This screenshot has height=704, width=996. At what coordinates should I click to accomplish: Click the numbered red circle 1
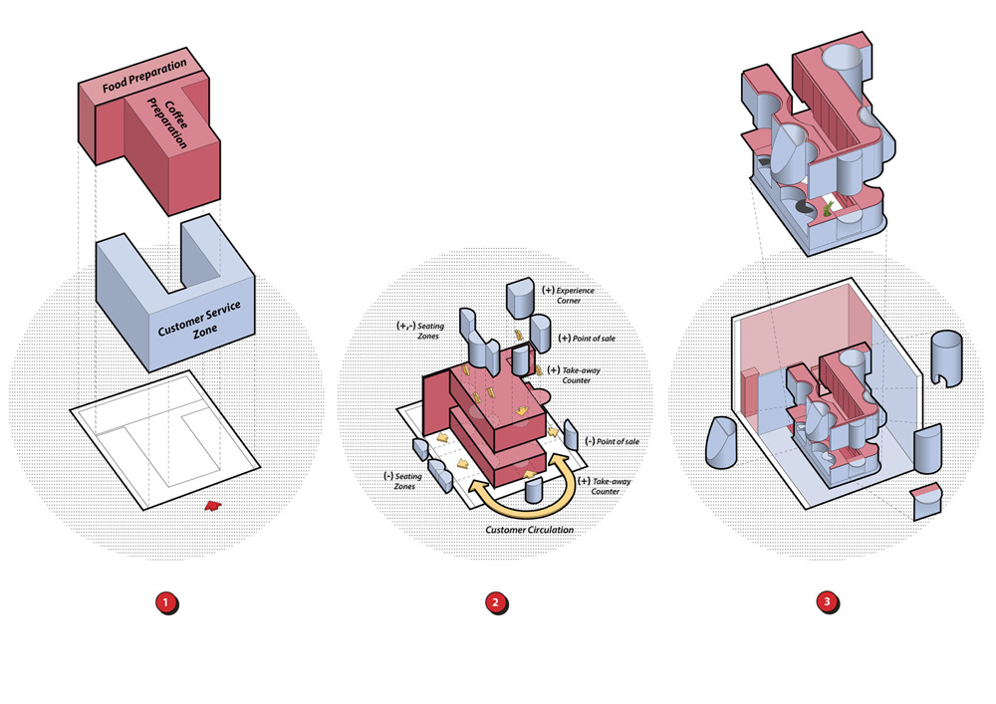click(166, 603)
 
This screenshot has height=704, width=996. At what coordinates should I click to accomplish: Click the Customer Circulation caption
click(529, 530)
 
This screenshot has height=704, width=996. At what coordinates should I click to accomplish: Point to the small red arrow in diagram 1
click(211, 507)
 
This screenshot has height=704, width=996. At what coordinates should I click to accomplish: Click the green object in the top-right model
click(829, 207)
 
